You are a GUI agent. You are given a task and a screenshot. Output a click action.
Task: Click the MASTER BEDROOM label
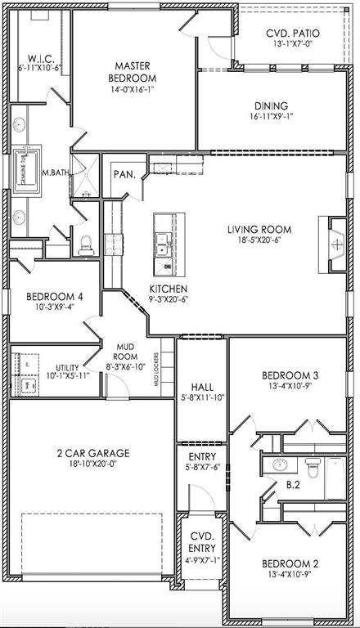tap(135, 71)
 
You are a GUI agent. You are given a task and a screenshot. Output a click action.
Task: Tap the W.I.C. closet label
tap(41, 58)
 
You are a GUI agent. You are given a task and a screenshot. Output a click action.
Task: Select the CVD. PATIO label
tap(292, 34)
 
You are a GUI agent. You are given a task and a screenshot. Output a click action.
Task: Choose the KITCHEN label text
tap(169, 289)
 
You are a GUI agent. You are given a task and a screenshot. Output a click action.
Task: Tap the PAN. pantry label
tap(124, 174)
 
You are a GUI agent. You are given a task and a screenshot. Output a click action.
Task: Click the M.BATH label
tap(54, 173)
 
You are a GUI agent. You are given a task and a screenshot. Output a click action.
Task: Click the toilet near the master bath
tap(88, 243)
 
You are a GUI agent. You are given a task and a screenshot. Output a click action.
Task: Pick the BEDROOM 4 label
tap(51, 297)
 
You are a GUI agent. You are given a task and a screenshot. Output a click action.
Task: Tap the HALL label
tap(201, 387)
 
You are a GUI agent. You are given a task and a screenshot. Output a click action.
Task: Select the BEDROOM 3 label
tap(290, 376)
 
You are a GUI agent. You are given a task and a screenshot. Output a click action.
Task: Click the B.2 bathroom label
tap(292, 484)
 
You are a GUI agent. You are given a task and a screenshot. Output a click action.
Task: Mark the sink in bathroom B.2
tap(278, 466)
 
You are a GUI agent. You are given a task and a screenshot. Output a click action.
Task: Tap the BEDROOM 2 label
tap(290, 564)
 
